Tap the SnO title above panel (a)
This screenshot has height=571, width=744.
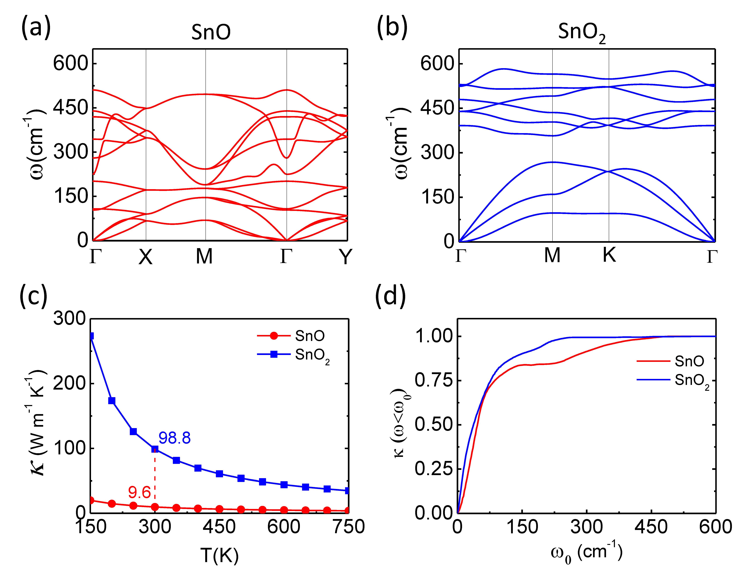pos(210,32)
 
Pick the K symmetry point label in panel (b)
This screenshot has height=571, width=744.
pos(609,255)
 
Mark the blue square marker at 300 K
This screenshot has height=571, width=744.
pos(155,449)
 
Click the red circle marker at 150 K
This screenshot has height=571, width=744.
pos(91,500)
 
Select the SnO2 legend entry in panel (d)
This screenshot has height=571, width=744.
pos(691,381)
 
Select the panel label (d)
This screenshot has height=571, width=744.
pos(390,296)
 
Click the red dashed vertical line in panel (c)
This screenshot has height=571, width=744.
pos(155,476)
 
